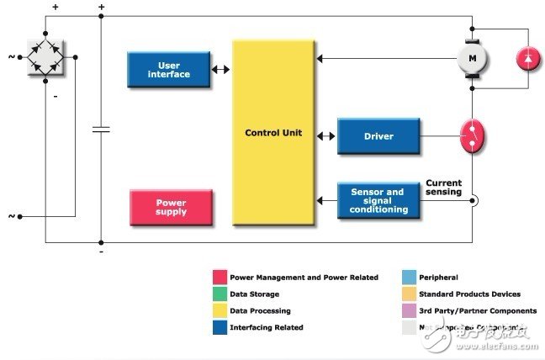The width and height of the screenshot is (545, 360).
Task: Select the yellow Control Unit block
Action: (x=272, y=132)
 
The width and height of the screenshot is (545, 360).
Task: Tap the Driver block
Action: (x=378, y=136)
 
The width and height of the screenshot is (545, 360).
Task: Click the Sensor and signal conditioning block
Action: (x=378, y=200)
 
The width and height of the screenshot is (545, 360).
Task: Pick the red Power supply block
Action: (x=171, y=207)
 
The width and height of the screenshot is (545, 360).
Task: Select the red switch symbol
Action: (x=473, y=135)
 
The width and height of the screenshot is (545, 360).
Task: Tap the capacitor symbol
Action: (x=101, y=130)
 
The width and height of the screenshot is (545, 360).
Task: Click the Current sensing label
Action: (x=443, y=188)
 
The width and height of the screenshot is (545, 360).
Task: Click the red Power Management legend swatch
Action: (x=220, y=277)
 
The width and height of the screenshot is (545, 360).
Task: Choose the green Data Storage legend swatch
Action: (x=220, y=294)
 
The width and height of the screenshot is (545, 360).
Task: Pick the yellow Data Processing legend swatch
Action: (x=220, y=310)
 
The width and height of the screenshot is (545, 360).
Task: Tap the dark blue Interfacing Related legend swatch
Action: (x=220, y=327)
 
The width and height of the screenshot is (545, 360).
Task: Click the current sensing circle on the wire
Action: (x=474, y=200)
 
